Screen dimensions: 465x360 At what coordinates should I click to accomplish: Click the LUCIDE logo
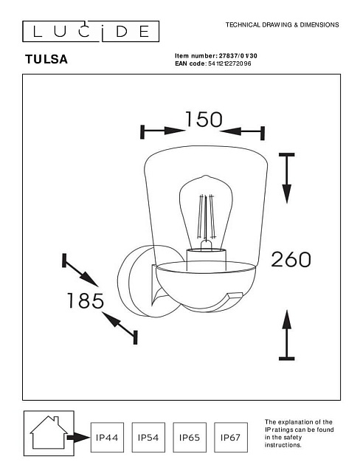click(89, 31)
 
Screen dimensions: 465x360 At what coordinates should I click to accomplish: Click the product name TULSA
click(46, 60)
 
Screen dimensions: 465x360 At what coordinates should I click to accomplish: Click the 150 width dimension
click(204, 119)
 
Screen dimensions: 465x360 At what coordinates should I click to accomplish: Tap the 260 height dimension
click(291, 259)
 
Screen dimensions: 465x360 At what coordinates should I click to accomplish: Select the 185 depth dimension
click(85, 301)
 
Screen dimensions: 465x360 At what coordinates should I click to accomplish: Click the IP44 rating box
click(108, 437)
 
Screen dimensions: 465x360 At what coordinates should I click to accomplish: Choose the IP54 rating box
click(149, 437)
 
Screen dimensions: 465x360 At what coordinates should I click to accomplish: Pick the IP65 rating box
click(190, 437)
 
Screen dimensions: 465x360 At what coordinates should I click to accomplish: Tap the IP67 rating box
click(232, 437)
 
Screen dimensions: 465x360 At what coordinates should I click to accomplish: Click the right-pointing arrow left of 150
click(163, 131)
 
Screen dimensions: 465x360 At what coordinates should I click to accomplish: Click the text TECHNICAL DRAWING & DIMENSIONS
click(281, 25)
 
